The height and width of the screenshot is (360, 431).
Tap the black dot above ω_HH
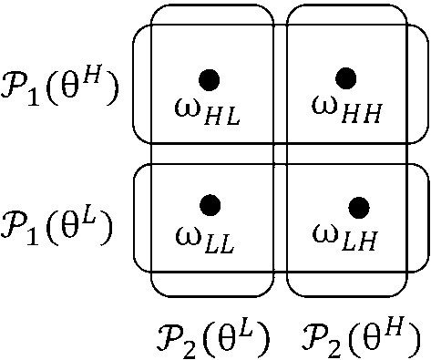click(344, 78)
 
